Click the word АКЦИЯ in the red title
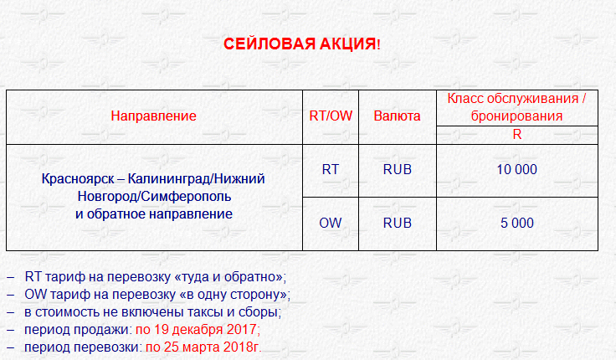coord(347,44)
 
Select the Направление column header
coord(154,116)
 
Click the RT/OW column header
coord(331,116)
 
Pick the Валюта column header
coord(398,116)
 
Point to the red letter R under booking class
coord(517,135)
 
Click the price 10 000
coord(517,169)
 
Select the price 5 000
coord(517,223)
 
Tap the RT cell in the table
coord(331,169)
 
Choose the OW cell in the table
coord(331,223)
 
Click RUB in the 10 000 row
coord(398,169)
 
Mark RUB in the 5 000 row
coord(398,223)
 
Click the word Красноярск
coord(78,179)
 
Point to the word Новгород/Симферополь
coord(154,196)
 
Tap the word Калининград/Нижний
coord(197,179)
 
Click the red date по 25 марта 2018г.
coord(203,347)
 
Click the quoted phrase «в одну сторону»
coord(234,295)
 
